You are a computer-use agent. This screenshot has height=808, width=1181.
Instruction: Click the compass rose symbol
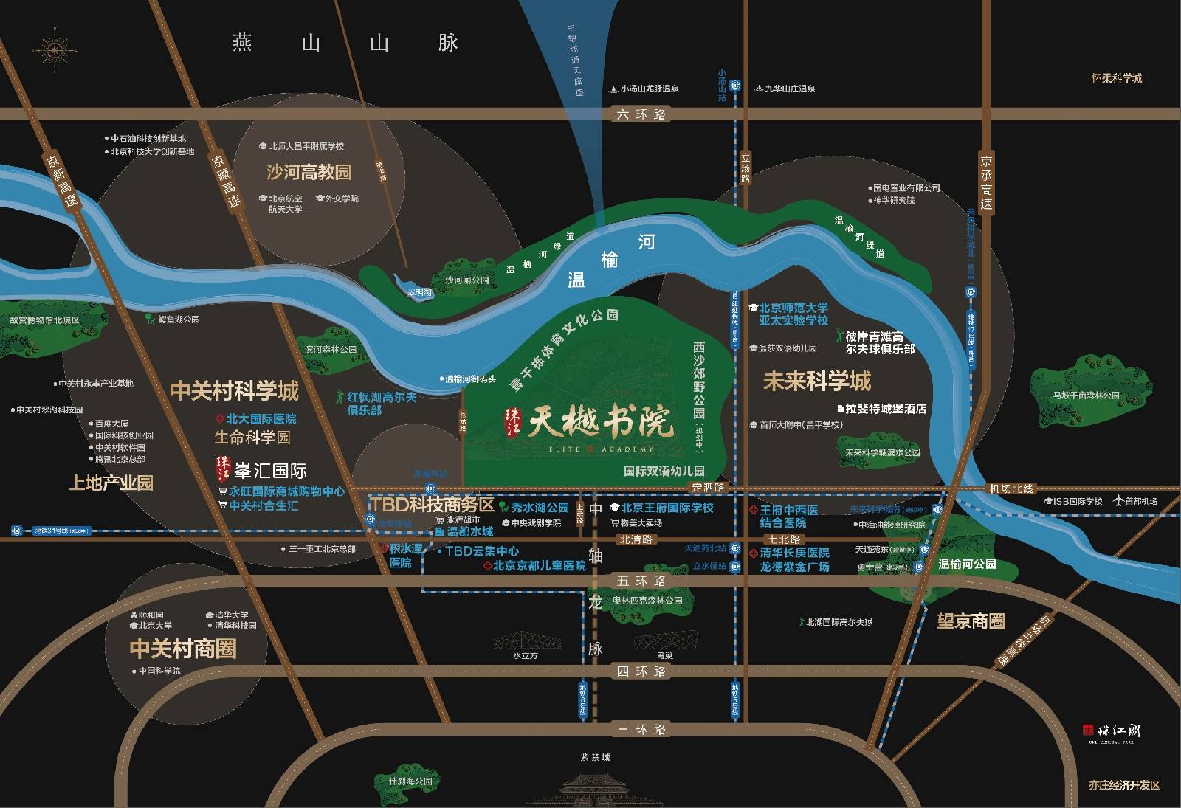coord(54,50)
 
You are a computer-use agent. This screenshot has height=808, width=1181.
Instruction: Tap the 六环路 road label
coord(641,114)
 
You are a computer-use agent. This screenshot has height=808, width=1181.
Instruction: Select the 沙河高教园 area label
coord(309,173)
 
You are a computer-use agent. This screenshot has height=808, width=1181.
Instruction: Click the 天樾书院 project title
coord(599,423)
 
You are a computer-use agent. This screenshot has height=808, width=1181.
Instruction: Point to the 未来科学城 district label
coord(816,381)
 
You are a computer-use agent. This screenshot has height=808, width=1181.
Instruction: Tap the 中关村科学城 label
coord(234,391)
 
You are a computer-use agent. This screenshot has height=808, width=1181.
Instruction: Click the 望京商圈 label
coord(971,621)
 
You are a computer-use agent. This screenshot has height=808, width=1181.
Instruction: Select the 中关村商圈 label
coord(183,649)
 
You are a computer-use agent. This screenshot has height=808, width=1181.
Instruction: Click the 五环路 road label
coord(641,581)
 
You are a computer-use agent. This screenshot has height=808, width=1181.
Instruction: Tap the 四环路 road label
coord(641,671)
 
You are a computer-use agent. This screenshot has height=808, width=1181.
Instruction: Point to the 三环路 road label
coord(641,730)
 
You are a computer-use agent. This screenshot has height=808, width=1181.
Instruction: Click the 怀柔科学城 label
coord(1116,78)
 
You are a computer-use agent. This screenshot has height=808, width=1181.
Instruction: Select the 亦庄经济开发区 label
coord(1123,785)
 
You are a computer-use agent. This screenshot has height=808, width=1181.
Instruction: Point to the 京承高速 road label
coord(986,182)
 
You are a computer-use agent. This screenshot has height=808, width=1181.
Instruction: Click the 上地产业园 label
coord(111,483)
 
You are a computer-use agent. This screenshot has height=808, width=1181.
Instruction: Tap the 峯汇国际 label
coord(269,471)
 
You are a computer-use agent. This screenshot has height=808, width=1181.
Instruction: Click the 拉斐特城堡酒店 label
coord(885,409)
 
